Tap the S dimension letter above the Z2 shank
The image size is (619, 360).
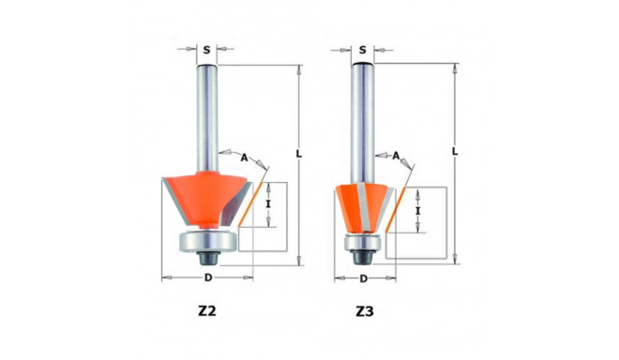pos(206,49)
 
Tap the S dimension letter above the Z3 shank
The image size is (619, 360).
pos(362,49)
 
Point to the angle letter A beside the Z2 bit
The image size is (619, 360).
pos(244,157)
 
